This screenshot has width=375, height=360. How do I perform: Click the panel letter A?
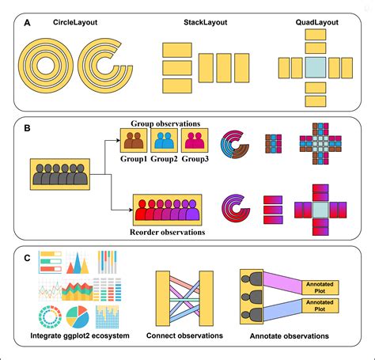(x=28, y=24)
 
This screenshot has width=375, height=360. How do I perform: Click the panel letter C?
(x=28, y=257)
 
